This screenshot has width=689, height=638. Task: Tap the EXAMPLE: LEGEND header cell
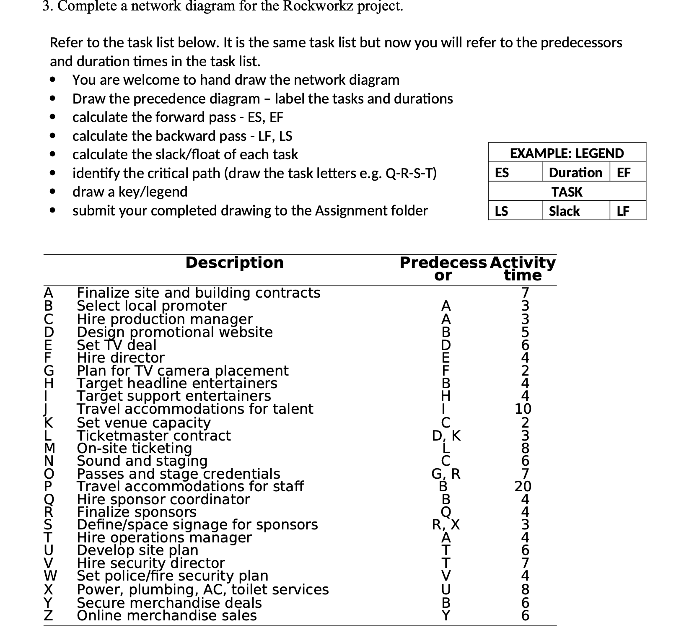567,153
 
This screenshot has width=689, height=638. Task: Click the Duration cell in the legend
575,172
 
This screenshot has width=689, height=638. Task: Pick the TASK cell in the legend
567,192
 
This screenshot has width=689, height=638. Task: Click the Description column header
234,262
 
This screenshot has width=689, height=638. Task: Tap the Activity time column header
522,269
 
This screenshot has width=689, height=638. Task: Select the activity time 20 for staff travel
523,486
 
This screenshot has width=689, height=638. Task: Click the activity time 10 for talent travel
523,409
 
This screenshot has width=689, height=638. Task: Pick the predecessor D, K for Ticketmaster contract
446,436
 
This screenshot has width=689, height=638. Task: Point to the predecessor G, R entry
446,474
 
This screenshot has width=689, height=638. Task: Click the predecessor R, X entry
446,524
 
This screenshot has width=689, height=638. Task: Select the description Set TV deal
117,345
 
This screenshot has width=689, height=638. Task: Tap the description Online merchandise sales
167,615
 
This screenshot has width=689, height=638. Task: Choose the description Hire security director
151,563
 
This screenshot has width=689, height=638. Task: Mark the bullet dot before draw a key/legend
52,192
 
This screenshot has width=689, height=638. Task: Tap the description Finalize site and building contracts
199,293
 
